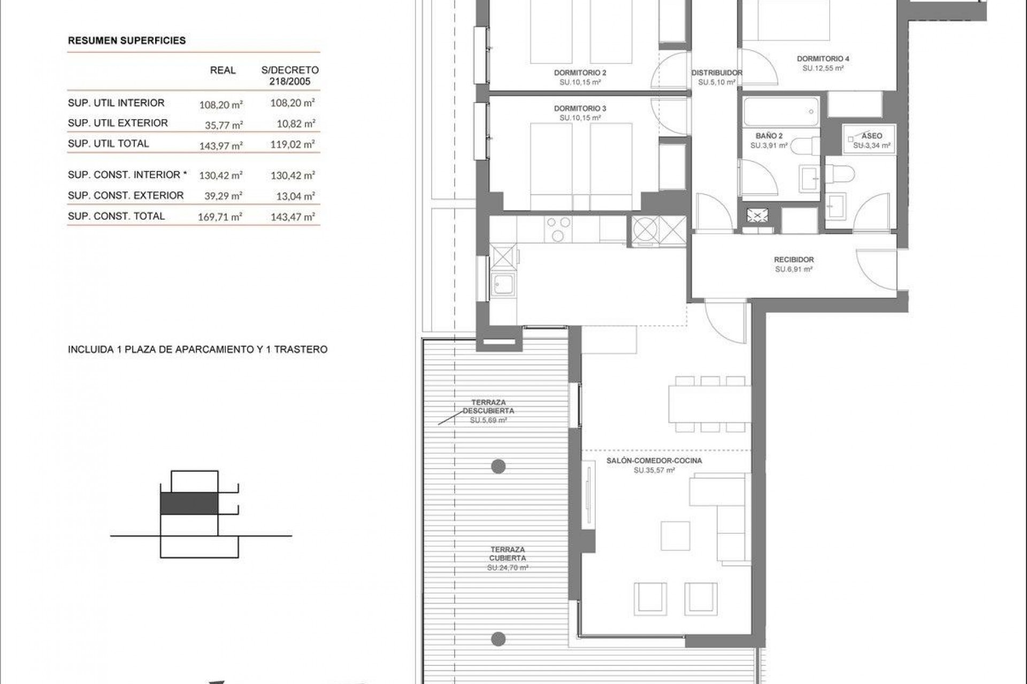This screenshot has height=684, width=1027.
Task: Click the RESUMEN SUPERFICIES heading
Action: point(127,41)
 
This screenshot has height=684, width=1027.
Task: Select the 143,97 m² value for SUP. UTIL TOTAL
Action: point(221,145)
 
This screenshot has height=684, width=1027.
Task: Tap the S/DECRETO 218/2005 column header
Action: point(290,75)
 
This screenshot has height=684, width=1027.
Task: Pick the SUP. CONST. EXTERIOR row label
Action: point(126,196)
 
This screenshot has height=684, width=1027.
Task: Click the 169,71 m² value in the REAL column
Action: point(220,217)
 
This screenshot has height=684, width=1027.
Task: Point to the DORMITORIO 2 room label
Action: point(580,73)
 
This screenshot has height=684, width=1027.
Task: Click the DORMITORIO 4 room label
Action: point(823,59)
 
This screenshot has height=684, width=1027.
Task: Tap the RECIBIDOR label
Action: point(794,260)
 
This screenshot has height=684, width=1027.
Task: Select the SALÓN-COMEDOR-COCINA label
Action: point(654,461)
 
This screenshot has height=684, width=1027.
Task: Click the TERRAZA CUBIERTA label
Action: point(508,554)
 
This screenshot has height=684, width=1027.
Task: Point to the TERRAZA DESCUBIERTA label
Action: point(488,407)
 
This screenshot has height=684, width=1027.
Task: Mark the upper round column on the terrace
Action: point(499,467)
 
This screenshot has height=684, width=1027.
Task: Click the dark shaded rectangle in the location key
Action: point(189,504)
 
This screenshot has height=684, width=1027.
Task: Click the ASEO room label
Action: point(871,136)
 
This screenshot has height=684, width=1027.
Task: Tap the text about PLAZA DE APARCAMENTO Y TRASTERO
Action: point(197,349)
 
